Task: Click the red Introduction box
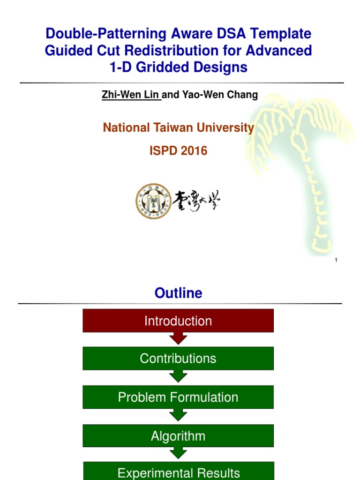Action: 178,321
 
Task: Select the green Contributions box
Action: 178,359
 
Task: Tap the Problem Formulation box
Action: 178,397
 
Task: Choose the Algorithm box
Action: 178,436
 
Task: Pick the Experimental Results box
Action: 178,472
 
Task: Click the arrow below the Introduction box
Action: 178,338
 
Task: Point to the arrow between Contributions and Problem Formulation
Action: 178,377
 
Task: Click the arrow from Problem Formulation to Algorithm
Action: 178,415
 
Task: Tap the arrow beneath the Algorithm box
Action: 178,453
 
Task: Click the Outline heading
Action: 178,293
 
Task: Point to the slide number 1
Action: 337,260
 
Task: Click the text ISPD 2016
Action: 178,151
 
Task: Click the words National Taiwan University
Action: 178,127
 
